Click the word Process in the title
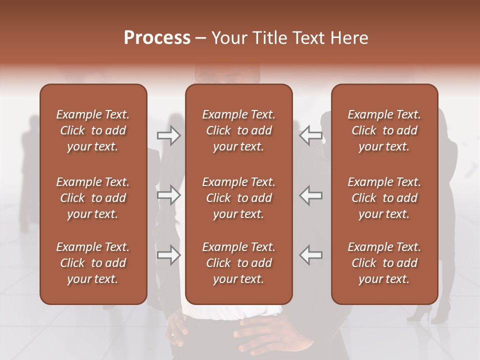coord(157,38)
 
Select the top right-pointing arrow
coord(169,135)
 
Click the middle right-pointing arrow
coord(169,195)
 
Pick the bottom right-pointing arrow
coord(169,255)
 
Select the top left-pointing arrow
coord(310,135)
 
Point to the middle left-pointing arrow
coord(310,195)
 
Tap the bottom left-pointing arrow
coord(310,255)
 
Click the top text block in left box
coord(93,130)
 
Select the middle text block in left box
coord(93,198)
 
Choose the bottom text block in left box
coord(93,263)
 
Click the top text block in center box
coord(239,130)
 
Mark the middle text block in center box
coord(239,198)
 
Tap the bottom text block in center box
coord(239,263)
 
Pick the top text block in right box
coord(384,130)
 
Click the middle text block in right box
coord(384,198)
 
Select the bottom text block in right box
coord(384,263)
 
